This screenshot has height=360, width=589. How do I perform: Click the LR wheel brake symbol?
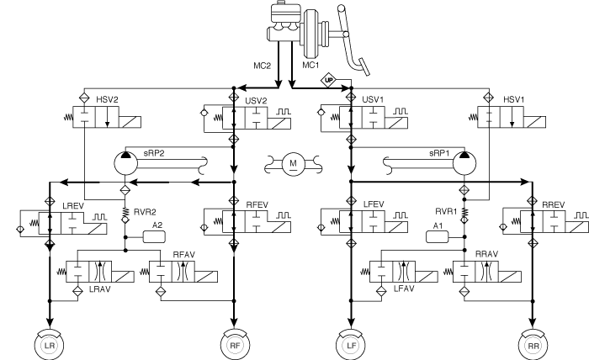tap(49, 345)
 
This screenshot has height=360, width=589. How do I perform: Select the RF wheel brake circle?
tap(235, 345)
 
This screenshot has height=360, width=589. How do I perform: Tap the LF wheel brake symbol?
tap(351, 345)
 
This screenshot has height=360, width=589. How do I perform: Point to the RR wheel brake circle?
tap(533, 345)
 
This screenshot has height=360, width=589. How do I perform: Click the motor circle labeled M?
tap(293, 164)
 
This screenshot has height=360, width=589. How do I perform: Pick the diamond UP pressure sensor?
tap(329, 80)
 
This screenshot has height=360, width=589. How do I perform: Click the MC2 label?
tap(262, 66)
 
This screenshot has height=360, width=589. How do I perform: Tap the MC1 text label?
tap(310, 65)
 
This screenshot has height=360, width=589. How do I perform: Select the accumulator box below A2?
tap(154, 237)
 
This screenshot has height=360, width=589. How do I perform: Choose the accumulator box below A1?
tap(438, 237)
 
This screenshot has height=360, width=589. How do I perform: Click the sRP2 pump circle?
tap(126, 164)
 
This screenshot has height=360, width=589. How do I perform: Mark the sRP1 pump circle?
tap(464, 164)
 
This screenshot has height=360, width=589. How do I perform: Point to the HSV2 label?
tap(107, 100)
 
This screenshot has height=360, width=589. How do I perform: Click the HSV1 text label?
tap(513, 100)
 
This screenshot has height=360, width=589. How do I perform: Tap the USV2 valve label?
tap(256, 101)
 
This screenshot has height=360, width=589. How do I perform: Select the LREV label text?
tap(73, 206)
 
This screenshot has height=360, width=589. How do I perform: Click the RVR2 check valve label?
tap(145, 212)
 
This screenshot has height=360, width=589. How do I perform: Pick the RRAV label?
tap(486, 254)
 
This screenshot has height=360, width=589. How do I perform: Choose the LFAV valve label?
tap(404, 289)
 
